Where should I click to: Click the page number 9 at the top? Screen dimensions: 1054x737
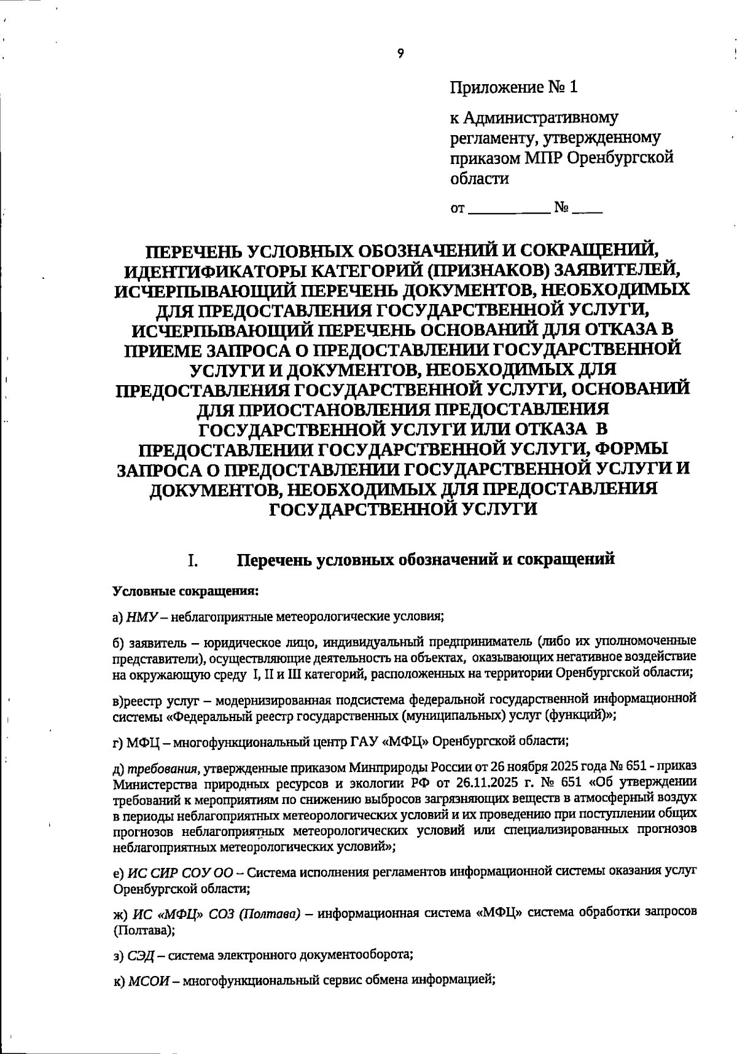coord(400,54)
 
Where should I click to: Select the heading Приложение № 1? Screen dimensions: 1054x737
coord(514,87)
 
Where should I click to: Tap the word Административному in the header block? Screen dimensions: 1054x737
coord(540,117)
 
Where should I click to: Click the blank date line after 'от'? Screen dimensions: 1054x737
coord(509,210)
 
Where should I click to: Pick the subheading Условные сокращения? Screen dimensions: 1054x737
coord(185,591)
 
